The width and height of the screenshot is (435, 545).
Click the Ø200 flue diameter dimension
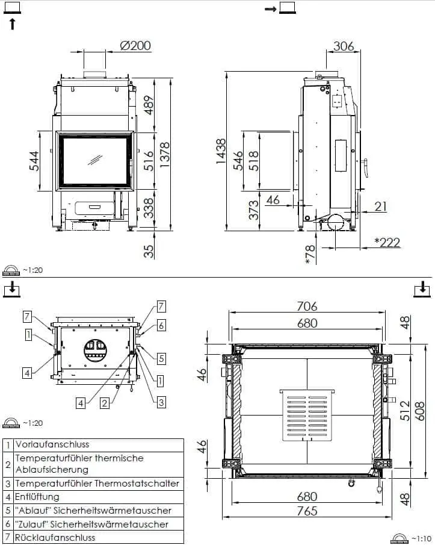[135, 46]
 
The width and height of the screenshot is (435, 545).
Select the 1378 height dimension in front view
[164, 154]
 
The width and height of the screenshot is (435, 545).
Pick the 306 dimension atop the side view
[343, 46]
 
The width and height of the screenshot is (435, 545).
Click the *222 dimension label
[387, 242]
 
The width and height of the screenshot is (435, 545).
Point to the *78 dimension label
[310, 254]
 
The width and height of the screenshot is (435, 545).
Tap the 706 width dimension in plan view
[306, 307]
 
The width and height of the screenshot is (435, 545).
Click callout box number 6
[161, 325]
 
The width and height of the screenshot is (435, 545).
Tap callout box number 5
[161, 358]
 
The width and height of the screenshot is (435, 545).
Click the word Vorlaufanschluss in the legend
[52, 444]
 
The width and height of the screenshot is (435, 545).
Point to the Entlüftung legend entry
[37, 497]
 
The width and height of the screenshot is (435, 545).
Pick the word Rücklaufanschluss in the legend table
[55, 537]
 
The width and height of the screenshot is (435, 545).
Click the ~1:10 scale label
[420, 537]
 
